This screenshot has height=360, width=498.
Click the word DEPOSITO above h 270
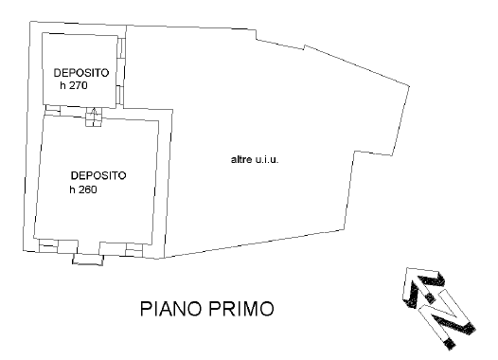point(80,73)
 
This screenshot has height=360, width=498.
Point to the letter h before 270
point(62,85)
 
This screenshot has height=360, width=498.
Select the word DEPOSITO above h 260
point(98,175)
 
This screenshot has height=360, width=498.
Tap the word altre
point(241,159)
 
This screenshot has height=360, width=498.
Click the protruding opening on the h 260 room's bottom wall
point(87,259)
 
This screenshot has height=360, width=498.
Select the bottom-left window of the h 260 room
point(48,245)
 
